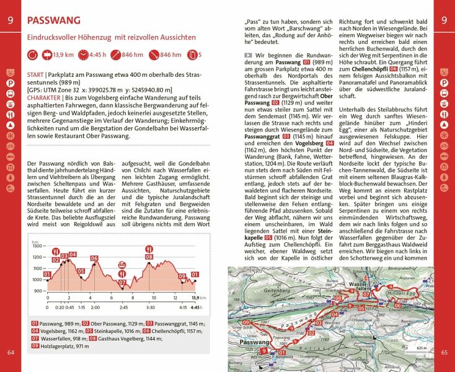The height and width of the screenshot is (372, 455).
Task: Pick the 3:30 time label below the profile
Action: pos(151,307)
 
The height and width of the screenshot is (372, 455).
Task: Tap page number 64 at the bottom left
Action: pos(11,353)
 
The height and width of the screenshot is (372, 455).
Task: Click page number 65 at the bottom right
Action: pos(444,353)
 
